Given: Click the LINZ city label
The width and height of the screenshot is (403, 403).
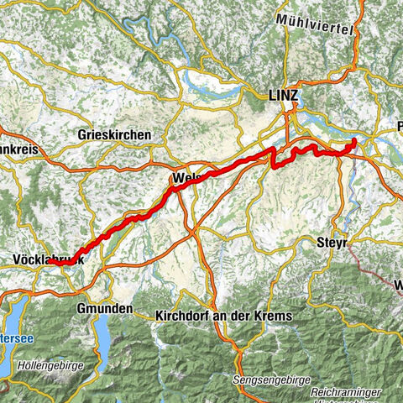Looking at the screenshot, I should pos(285,97).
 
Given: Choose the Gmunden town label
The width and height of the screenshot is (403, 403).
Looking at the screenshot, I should pos(105,309).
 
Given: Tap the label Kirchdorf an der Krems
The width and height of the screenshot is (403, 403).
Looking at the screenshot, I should pos(223,316).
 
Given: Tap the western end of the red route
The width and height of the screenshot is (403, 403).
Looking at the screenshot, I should pos(50,263).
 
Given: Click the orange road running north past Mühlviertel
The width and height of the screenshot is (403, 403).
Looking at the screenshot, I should pos(357,42).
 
